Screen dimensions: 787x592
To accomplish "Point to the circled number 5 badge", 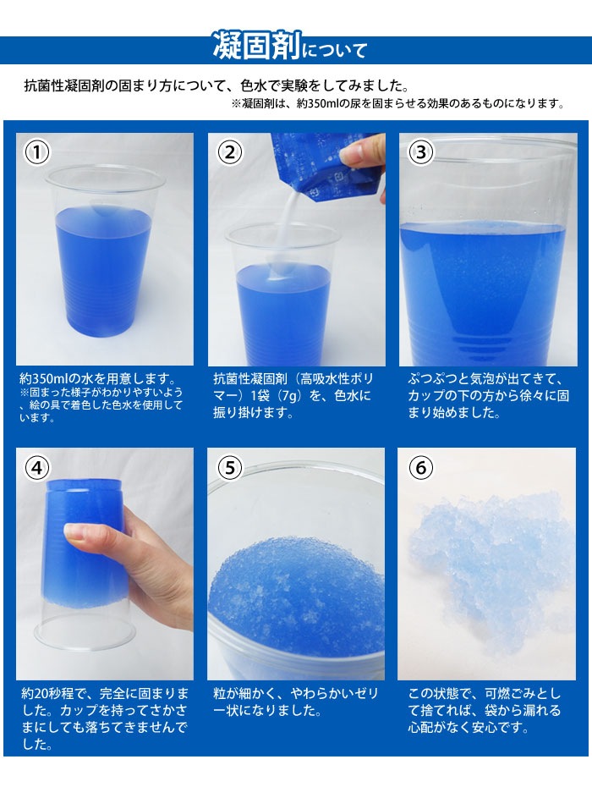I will [x=230, y=467].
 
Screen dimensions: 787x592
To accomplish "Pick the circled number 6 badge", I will [x=421, y=467].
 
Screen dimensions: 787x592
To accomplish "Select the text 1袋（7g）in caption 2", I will [x=272, y=395].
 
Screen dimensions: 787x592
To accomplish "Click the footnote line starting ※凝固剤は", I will [x=397, y=104].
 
